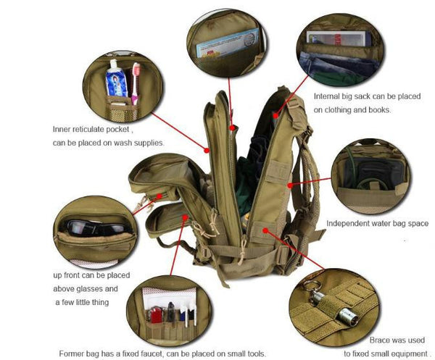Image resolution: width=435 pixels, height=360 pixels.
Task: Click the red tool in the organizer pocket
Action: coord(156,315)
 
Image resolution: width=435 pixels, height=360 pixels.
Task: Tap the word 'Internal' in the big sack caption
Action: coord(326,96)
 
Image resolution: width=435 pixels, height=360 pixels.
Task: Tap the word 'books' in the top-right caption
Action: coord(378,110)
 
